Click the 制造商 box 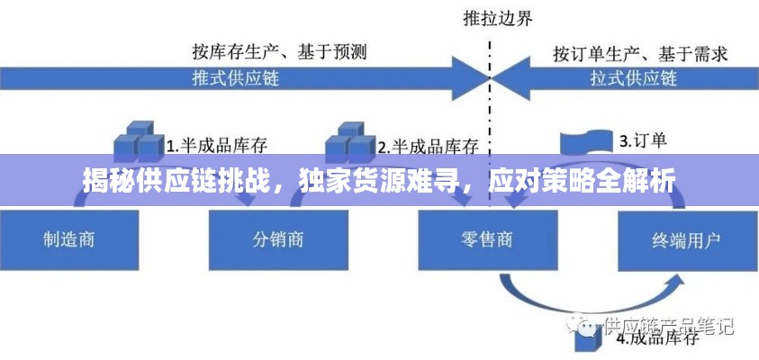point(69,238)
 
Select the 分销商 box point(277,238)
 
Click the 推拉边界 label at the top point(492,16)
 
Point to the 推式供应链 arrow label point(236,77)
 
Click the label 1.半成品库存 point(216,145)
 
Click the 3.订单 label point(642,140)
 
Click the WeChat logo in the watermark point(586,322)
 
